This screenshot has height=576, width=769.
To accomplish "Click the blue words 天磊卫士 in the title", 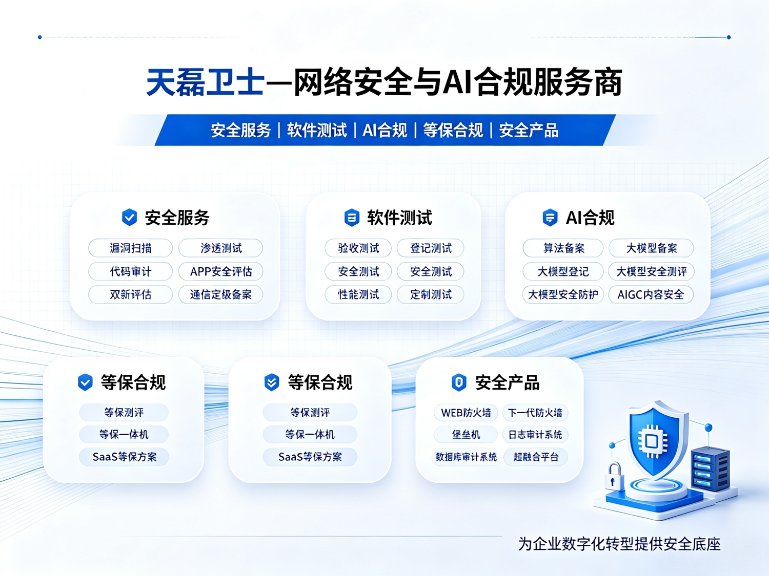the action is coord(205,82).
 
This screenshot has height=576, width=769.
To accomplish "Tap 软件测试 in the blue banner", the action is coord(317,131).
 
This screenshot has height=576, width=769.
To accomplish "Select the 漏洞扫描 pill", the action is coord(130,248).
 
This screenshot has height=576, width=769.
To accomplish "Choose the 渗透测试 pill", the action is coord(221,248).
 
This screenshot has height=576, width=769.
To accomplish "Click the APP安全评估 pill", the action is coord(221,271).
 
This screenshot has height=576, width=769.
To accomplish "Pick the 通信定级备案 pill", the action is coord(221,294).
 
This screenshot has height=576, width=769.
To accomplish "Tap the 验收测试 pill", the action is coord(358,248).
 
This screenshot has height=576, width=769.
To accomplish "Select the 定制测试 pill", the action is coord(431,294).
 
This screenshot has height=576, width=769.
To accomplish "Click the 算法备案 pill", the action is coord(563,248).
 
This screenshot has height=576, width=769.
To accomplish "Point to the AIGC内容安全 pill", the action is coord(651,294).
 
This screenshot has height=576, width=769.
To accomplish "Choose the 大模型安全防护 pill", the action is coord(563,294).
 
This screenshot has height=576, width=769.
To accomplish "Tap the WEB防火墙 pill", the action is coord(466,413).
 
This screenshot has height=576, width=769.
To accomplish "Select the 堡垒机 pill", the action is coord(466,435).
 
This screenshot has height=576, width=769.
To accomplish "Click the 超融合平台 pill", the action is coord(536,457).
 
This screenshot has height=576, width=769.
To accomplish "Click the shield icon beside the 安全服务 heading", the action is coord(129,217).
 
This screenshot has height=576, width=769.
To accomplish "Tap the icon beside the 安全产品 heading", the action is coord(459,382).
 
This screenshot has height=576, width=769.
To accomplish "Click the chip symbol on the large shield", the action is coord(652,441).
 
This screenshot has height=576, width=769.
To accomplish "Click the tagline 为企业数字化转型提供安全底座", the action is coord(619,544).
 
